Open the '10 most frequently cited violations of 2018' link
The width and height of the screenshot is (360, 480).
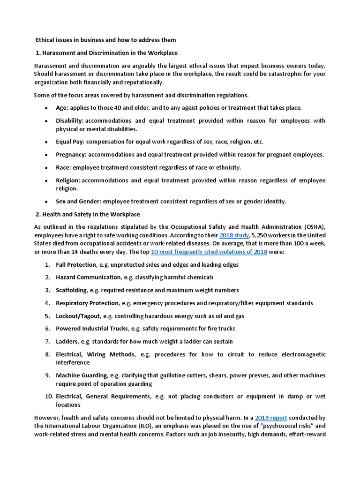209,252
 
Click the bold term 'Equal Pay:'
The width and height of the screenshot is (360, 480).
70,142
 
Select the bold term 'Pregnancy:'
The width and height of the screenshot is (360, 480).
71,155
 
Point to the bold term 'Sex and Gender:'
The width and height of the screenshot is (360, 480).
78,202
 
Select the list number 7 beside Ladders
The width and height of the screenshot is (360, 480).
48,341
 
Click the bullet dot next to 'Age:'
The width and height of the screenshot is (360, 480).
46,108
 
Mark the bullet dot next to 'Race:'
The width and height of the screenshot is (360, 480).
46,168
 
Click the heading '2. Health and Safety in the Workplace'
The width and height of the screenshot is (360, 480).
88,214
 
